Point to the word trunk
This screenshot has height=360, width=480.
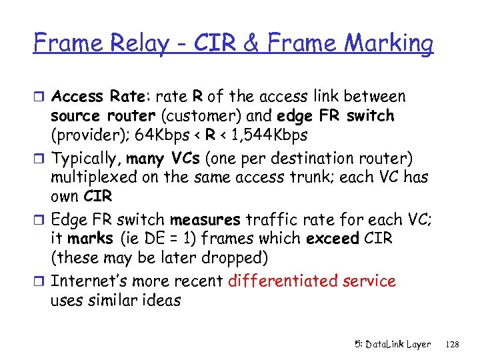[313, 178]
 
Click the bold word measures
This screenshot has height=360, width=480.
[205, 219]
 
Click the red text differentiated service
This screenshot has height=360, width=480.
[311, 281]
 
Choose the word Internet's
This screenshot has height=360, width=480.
[89, 281]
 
